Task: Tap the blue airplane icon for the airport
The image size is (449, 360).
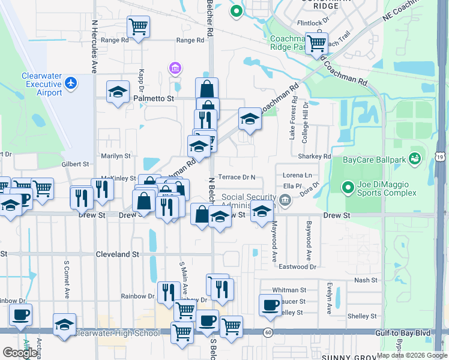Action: (x=71, y=82)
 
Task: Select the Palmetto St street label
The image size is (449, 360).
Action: (x=154, y=98)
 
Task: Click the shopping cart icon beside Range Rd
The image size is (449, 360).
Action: (x=138, y=27)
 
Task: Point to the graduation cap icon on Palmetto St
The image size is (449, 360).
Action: (x=118, y=92)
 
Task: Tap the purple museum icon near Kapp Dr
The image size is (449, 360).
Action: (x=175, y=68)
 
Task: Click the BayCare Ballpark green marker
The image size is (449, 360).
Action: (x=414, y=158)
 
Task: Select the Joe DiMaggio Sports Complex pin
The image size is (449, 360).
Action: (x=348, y=188)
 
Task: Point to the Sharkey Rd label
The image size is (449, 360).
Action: (x=318, y=157)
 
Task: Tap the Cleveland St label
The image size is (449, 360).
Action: (x=118, y=254)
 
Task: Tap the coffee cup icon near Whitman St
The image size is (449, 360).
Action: (x=270, y=304)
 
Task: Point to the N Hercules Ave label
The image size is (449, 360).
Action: (x=94, y=46)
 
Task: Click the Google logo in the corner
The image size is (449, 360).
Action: (x=20, y=353)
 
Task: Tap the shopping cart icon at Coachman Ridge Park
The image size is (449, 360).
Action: (x=316, y=43)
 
